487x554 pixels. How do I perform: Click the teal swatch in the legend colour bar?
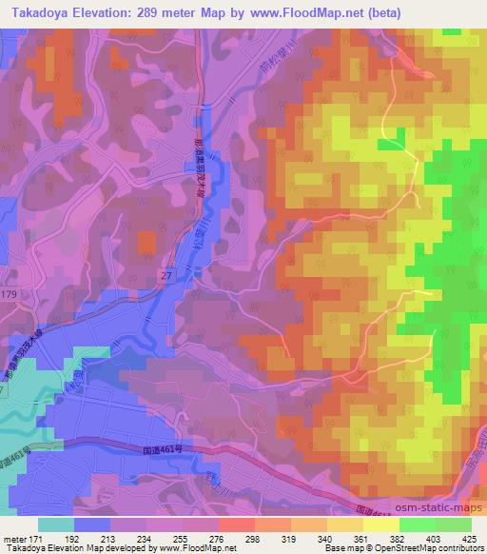click(x=56, y=524)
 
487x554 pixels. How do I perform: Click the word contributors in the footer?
click(x=460, y=548)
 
